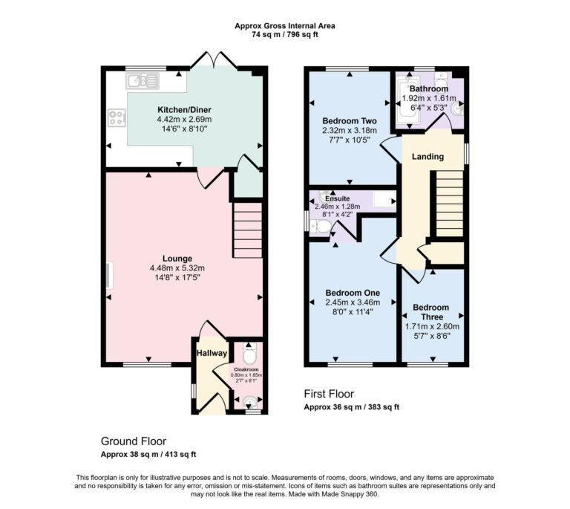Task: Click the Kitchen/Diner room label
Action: pos(184,108)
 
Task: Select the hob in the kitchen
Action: pos(117,116)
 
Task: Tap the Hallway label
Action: pos(211,353)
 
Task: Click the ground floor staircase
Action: pos(249,231)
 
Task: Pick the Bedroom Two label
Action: pos(350,120)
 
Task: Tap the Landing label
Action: pos(427,157)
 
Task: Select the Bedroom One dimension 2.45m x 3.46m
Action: pos(353,302)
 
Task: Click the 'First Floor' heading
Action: pos(329,394)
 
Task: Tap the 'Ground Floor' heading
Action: pos(134,440)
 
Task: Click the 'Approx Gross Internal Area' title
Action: pos(285,25)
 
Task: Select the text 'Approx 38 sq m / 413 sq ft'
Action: pos(148,453)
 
